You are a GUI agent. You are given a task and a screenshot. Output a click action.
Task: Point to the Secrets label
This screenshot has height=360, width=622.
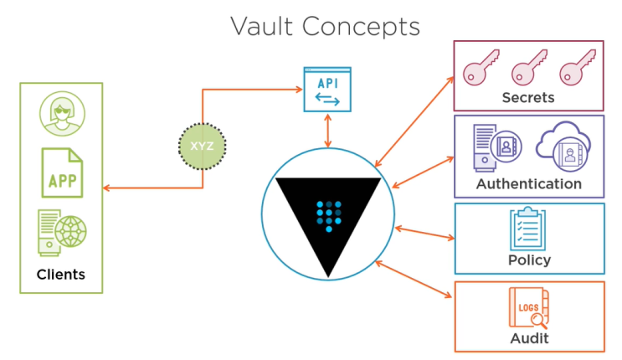(527, 98)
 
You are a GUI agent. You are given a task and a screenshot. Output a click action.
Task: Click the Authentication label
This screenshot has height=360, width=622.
(528, 183)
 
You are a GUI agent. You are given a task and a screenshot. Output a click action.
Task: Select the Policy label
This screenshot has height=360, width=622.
(529, 260)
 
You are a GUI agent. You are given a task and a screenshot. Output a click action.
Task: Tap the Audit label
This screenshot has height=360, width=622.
(529, 337)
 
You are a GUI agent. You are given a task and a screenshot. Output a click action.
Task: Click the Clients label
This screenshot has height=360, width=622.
(60, 275)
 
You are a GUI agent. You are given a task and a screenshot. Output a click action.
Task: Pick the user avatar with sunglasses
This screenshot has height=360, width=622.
(61, 114)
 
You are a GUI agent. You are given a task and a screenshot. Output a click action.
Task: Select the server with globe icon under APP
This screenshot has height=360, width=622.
(61, 232)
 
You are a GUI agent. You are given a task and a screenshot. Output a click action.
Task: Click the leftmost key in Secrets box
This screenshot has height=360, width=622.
(481, 69)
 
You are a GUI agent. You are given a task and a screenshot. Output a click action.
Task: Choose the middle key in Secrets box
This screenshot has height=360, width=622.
(528, 69)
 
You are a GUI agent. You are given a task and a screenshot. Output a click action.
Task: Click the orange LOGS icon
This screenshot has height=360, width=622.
(528, 307)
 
